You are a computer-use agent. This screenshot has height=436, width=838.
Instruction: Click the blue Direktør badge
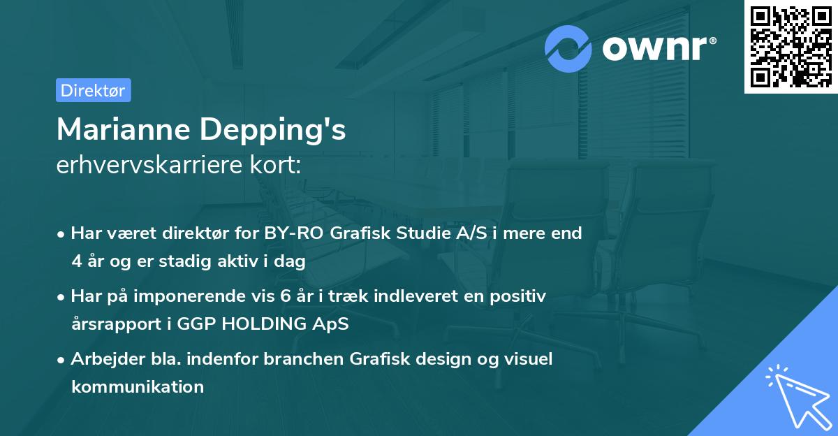coord(94,90)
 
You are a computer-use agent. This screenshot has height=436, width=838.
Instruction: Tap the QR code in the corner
coord(791,47)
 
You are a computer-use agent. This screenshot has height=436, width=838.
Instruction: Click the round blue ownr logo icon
coord(568,49)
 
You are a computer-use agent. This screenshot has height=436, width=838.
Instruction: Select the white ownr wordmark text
coord(659,48)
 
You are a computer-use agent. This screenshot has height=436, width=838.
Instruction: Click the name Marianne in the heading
coord(124,129)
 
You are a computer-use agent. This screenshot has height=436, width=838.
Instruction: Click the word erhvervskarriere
coord(149,165)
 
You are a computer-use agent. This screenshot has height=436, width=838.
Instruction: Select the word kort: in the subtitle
coord(275,165)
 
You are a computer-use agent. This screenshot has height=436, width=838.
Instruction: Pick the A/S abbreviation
coord(471,233)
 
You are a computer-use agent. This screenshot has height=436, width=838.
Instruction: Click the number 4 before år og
coord(77,261)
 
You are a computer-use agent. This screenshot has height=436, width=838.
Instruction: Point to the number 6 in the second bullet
coord(285,296)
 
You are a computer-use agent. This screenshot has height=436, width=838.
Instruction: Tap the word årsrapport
coord(117,324)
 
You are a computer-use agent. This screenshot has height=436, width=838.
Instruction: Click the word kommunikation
coord(138,386)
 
